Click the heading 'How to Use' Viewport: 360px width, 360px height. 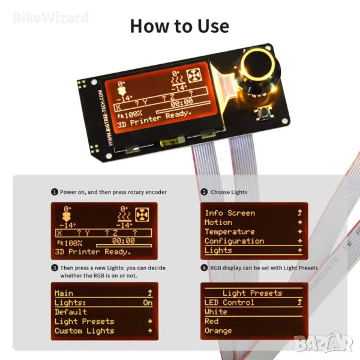click(x=179, y=26)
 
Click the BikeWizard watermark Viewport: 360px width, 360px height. click(x=50, y=18)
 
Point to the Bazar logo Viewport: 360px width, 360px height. click(x=324, y=343)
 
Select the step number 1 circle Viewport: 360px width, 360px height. click(x=55, y=192)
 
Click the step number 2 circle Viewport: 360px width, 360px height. click(x=204, y=192)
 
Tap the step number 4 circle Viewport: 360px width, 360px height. click(x=204, y=268)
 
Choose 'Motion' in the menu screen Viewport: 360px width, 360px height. click(x=218, y=222)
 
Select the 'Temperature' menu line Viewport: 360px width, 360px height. click(x=230, y=232)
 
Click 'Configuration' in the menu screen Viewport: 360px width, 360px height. click(x=235, y=241)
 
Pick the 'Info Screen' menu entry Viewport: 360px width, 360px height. click(x=230, y=213)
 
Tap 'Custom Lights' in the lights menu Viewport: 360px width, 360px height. click(x=85, y=331)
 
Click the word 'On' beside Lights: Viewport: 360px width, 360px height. click(x=148, y=302)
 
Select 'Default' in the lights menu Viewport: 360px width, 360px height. click(x=71, y=312)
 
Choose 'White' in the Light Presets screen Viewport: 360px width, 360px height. click(x=216, y=312)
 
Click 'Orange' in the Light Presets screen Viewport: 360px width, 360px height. click(x=218, y=331)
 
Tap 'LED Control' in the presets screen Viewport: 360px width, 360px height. click(x=229, y=302)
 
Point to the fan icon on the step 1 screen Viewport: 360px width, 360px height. click(x=142, y=215)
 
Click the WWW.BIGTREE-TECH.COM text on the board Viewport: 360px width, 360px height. click(x=106, y=118)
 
